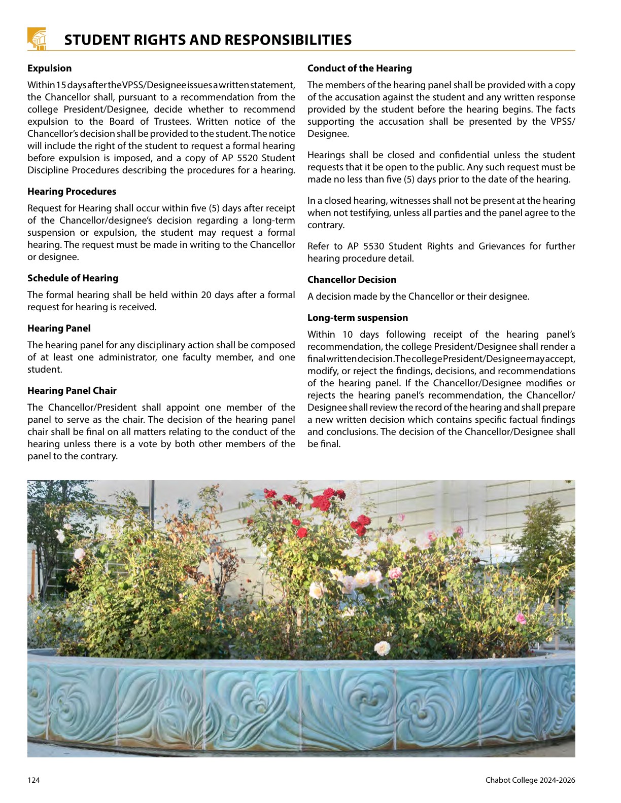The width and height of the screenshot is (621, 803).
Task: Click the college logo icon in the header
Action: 37,39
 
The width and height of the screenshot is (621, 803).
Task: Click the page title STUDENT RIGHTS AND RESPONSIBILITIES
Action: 208,40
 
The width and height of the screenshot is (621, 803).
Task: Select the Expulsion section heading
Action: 49,68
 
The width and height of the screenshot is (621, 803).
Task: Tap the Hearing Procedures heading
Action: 72,192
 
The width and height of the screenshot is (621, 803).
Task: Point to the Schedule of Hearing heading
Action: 73,278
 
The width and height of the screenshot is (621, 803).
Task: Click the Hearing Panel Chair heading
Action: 72,391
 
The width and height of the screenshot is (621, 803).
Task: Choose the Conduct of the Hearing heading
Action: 360,68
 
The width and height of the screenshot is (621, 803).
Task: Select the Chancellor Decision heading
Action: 352,280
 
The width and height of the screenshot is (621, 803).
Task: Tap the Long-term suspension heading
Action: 358,318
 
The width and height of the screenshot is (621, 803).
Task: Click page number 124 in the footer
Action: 33,780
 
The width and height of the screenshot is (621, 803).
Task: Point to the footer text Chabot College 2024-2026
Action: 530,780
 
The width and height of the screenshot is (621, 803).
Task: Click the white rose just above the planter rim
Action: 382,648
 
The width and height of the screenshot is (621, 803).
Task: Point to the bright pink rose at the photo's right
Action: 520,618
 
